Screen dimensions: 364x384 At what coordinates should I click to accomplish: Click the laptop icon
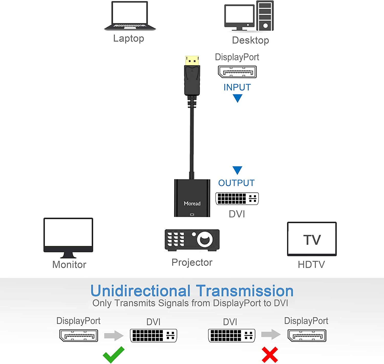click(x=130, y=16)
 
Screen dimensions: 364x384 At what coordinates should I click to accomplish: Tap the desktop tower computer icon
click(x=265, y=16)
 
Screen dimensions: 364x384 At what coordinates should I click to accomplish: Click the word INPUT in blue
click(x=237, y=87)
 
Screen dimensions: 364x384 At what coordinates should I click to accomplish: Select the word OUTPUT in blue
click(x=236, y=183)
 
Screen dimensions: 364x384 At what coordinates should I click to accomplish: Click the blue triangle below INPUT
click(x=238, y=98)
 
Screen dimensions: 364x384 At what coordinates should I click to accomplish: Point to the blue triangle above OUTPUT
click(x=237, y=170)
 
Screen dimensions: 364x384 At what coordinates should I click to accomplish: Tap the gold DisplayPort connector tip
click(x=192, y=60)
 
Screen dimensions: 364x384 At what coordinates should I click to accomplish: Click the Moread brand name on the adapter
click(x=192, y=203)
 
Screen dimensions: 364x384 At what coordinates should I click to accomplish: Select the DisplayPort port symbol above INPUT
click(x=237, y=72)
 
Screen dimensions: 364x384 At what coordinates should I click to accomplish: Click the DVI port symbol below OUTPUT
click(x=237, y=199)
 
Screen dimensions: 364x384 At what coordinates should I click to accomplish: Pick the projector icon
click(x=192, y=240)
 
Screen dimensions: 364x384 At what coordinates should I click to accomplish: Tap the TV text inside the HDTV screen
click(x=312, y=240)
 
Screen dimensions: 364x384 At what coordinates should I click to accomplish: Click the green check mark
click(x=114, y=355)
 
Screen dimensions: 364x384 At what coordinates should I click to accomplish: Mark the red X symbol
click(x=270, y=355)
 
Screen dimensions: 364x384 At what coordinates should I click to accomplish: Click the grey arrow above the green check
click(x=114, y=335)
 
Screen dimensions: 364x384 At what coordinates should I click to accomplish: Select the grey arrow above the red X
click(x=271, y=334)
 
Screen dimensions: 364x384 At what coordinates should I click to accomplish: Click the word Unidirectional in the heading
click(x=141, y=291)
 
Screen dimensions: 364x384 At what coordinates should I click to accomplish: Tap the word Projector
click(x=192, y=262)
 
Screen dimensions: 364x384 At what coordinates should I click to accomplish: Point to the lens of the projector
click(x=205, y=239)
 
